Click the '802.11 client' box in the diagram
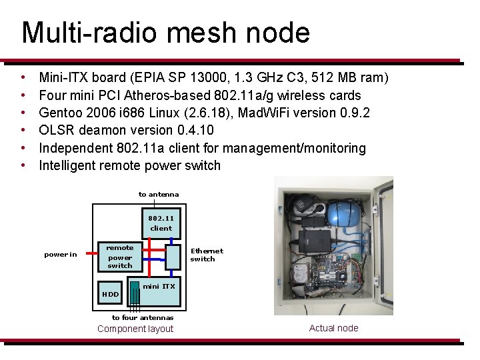(161, 223)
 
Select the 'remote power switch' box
(120, 257)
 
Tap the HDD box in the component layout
(110, 294)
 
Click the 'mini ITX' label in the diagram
(159, 286)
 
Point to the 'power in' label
(61, 255)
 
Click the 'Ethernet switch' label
(207, 255)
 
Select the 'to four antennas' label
(142, 317)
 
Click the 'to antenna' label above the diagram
(159, 194)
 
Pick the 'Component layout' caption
(135, 329)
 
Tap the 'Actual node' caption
(334, 328)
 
